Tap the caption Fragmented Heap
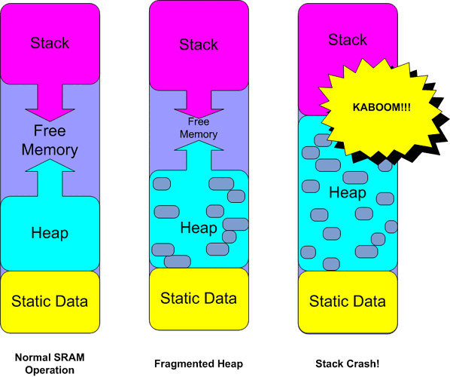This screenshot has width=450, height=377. point(199,363)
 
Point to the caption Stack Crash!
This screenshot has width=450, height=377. point(347,363)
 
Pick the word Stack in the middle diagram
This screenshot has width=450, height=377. point(199,45)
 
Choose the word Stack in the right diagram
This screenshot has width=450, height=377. point(348,39)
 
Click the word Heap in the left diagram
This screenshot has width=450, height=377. point(50,234)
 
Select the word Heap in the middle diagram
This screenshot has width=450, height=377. point(199,228)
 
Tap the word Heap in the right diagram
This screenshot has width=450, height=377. point(348,193)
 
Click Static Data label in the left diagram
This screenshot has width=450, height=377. point(50,302)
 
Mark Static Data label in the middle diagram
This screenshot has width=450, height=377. point(199,299)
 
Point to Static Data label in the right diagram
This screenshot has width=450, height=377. point(348,302)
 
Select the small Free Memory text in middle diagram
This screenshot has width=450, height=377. point(199,128)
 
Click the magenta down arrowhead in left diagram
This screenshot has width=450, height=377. point(50,109)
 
